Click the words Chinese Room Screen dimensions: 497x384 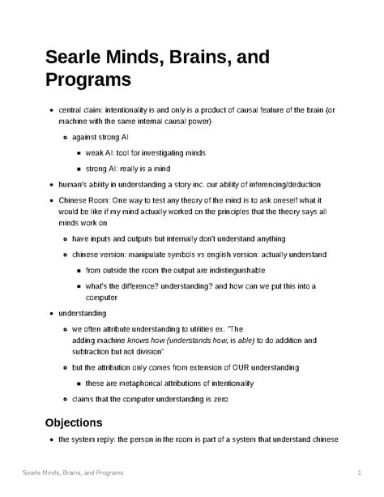click(x=83, y=199)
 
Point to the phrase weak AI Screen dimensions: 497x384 click(x=104, y=152)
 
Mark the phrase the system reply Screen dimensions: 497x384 click(x=92, y=439)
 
